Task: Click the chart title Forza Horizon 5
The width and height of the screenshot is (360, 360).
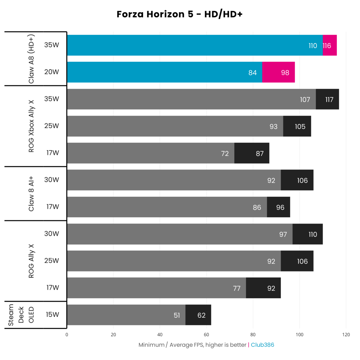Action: point(179,14)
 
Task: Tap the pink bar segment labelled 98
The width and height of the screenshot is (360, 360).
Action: point(278,72)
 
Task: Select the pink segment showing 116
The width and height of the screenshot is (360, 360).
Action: point(330,45)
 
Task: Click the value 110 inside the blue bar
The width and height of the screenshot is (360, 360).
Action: point(313,46)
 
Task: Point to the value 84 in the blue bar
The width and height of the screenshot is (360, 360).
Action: point(253,73)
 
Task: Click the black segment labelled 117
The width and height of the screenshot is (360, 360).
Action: point(327,99)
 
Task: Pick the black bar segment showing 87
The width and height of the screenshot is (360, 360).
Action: point(252,153)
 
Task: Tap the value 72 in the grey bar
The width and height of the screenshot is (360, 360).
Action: point(225,154)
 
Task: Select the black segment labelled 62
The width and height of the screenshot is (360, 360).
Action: point(198,315)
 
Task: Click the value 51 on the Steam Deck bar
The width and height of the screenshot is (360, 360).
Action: point(177,315)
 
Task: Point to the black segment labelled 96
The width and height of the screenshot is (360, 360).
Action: point(279,207)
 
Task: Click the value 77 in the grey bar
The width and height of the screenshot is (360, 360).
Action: point(237,288)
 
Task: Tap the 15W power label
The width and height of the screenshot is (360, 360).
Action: point(52,314)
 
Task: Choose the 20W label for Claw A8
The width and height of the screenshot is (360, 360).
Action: point(52,72)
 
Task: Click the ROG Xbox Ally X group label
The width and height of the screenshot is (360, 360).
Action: point(31,126)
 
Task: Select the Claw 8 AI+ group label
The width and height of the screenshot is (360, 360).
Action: point(31,193)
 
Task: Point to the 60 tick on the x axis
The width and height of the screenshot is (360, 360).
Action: point(206,334)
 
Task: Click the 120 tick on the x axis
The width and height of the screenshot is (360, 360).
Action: point(346,334)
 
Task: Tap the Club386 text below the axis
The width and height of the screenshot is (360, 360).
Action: point(262,345)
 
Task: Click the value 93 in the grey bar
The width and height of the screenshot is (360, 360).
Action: point(274,127)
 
